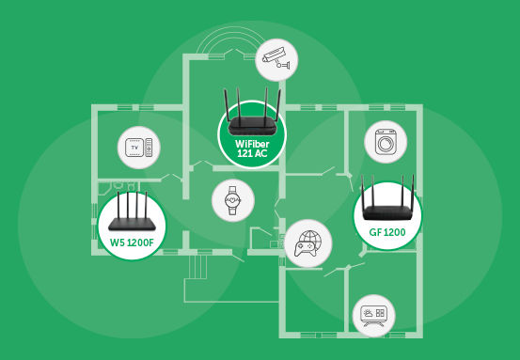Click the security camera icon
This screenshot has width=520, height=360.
point(278,58)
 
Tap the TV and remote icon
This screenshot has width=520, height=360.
point(139,149)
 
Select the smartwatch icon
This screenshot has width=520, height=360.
point(230,199)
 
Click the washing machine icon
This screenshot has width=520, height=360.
point(384,145)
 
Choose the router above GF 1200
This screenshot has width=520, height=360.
point(388,199)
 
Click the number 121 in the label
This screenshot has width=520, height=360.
point(243,152)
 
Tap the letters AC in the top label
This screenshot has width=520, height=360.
point(261,152)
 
